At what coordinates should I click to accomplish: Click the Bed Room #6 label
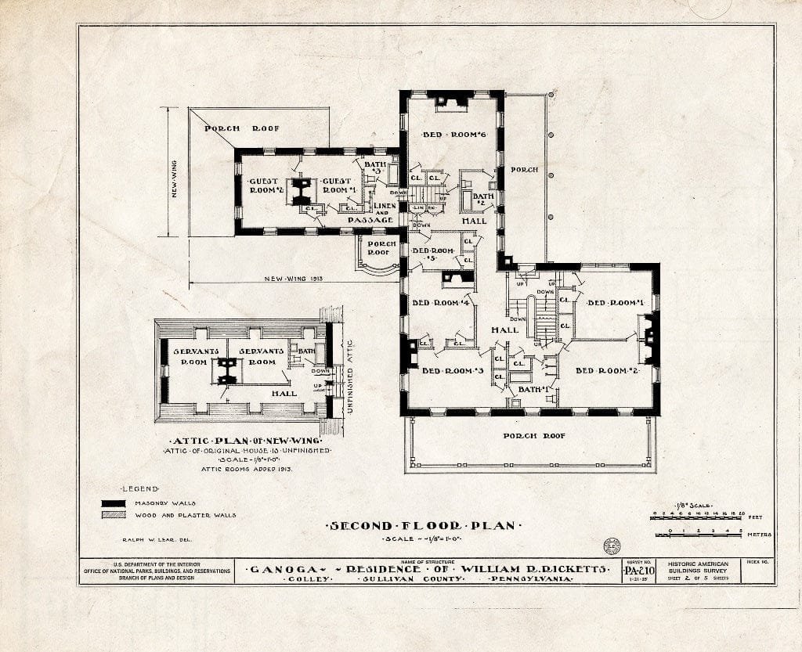click(x=455, y=135)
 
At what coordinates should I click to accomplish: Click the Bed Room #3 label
click(x=453, y=370)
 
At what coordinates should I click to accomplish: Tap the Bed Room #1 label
click(x=616, y=303)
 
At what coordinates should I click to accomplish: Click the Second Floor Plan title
click(x=421, y=526)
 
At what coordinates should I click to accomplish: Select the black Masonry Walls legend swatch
click(x=114, y=503)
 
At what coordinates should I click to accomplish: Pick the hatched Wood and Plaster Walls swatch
click(x=114, y=515)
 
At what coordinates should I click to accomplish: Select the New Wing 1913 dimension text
click(x=294, y=279)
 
